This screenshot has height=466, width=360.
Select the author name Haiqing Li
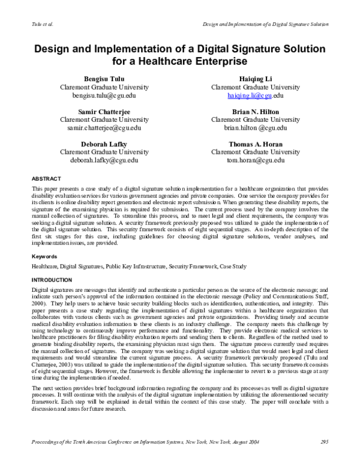coord(255,79)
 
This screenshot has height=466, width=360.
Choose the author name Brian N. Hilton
coord(255,112)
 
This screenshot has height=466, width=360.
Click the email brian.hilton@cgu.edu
coord(255,128)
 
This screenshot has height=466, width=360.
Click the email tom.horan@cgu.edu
coord(255,161)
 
